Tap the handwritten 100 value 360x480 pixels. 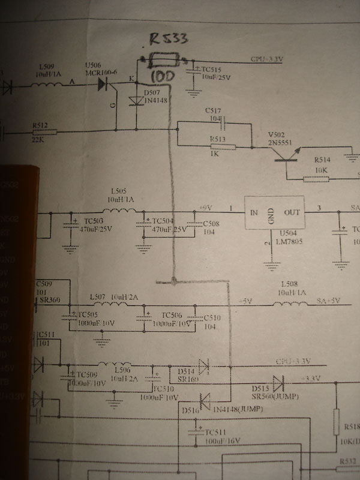(162, 77)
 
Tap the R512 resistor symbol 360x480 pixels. (46, 131)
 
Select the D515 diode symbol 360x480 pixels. (278, 381)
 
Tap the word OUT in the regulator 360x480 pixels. (292, 212)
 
